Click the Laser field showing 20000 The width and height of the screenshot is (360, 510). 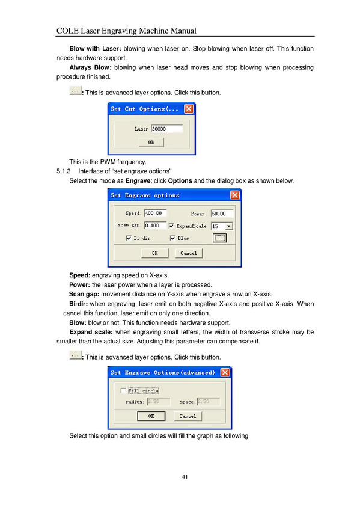[167, 129]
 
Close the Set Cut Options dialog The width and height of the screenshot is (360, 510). [189, 109]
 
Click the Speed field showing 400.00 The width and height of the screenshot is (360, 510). [155, 214]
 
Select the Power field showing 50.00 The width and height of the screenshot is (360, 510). [222, 214]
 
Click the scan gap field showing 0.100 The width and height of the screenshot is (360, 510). [155, 226]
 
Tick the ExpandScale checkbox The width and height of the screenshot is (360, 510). [171, 226]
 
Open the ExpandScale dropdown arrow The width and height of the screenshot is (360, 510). [229, 226]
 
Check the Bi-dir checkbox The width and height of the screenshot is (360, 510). [129, 238]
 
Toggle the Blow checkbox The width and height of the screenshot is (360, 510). [172, 238]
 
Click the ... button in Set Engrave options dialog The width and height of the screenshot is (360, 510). [219, 238]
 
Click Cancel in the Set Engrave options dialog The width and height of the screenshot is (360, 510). [189, 253]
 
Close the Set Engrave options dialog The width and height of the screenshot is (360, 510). [234, 195]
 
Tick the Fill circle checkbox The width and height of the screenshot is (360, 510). [123, 390]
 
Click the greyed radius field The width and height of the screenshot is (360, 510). [159, 401]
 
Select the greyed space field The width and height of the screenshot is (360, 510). [209, 401]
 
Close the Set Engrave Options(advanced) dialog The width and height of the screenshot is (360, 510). [225, 372]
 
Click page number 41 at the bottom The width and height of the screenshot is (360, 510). [185, 477]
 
